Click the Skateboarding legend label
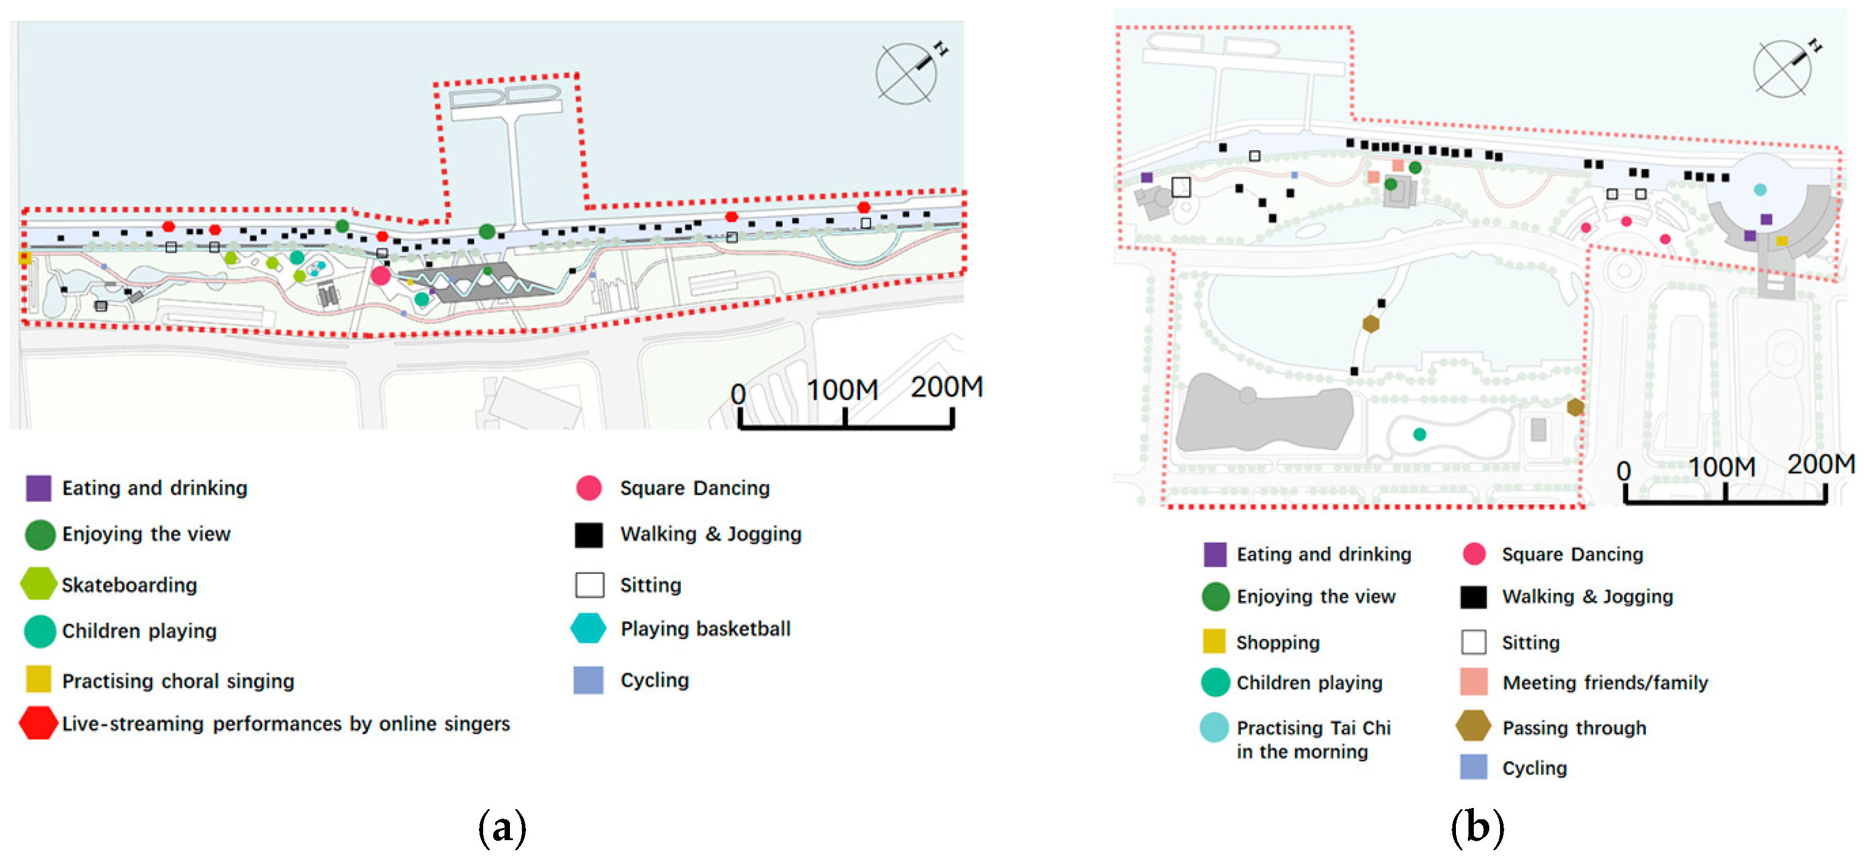coord(129,585)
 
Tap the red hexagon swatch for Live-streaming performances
coord(38,723)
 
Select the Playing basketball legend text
coord(705,629)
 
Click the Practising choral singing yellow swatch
coord(38,679)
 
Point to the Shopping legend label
coord(1277,642)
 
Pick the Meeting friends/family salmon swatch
coord(1473,682)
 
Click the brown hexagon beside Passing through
coord(1473,726)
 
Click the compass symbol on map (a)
coord(907,73)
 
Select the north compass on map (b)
coord(1783,68)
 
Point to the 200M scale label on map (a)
coord(946,387)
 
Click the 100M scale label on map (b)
coord(1722,467)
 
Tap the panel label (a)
coord(502,826)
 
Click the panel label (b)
coord(1477,826)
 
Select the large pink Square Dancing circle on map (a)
coord(381,275)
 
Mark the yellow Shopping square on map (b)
coord(1782,241)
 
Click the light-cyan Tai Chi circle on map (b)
coord(1760,189)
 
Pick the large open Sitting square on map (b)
coord(1181,188)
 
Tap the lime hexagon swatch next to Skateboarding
coord(38,584)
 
